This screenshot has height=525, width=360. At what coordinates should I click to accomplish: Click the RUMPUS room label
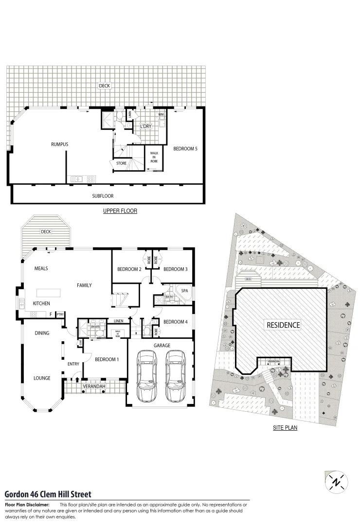click(x=59, y=144)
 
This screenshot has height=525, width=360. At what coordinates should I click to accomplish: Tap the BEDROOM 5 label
click(x=185, y=149)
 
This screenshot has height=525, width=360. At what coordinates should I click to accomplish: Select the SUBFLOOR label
click(x=103, y=196)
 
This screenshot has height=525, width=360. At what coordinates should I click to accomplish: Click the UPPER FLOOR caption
click(x=120, y=211)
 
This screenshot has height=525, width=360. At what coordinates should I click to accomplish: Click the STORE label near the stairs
click(x=121, y=163)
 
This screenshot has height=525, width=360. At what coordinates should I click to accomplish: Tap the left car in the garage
click(x=147, y=376)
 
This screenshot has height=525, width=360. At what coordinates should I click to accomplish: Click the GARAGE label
click(x=162, y=345)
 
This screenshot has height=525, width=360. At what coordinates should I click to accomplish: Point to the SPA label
click(x=184, y=291)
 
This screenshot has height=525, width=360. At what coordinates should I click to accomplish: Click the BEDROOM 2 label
click(x=129, y=269)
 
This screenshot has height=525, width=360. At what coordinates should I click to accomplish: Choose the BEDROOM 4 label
click(x=175, y=322)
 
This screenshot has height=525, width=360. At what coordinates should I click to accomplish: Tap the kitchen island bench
click(x=48, y=293)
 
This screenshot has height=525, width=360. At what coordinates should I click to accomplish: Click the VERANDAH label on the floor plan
click(x=94, y=386)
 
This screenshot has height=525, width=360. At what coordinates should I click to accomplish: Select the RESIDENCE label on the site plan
click(x=283, y=325)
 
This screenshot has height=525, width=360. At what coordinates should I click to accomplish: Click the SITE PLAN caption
click(x=285, y=428)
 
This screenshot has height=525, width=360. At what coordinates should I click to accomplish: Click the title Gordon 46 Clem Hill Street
click(x=48, y=494)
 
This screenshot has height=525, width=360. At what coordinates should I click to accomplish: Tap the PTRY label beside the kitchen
click(x=60, y=315)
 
